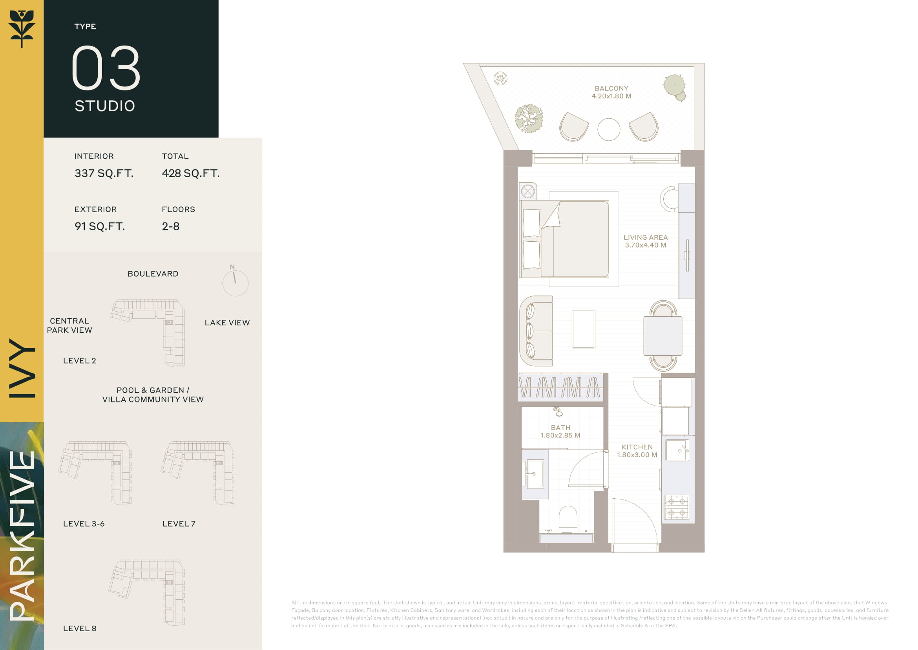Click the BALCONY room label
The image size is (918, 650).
[x=611, y=88]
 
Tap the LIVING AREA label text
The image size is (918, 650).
[x=645, y=237]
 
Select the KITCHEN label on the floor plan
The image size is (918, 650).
[x=637, y=447]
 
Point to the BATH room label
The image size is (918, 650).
[x=560, y=428]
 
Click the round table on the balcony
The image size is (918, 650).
[x=609, y=129]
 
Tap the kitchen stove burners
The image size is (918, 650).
[x=677, y=507]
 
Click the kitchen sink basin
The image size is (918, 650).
[x=677, y=450]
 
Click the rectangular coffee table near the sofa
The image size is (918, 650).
[x=583, y=329]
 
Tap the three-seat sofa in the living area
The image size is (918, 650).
[x=536, y=331]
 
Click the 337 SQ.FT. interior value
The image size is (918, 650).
[x=104, y=173]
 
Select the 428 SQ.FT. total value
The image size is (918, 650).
[x=191, y=173]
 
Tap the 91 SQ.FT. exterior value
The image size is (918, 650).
[x=100, y=226]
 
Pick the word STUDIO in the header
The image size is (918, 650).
[x=105, y=106]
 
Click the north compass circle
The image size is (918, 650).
[x=235, y=283]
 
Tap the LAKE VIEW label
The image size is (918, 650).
[x=227, y=323]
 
